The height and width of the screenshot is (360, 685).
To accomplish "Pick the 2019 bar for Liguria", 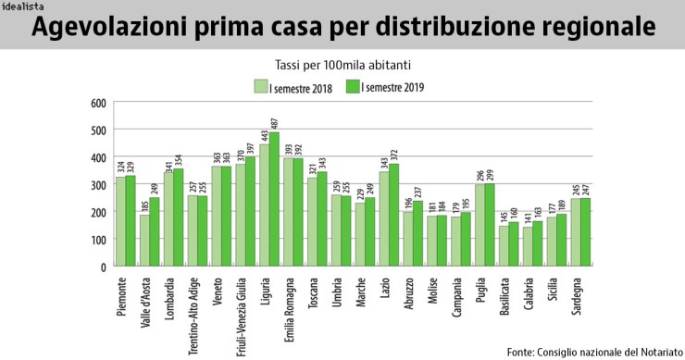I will click(273, 199).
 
